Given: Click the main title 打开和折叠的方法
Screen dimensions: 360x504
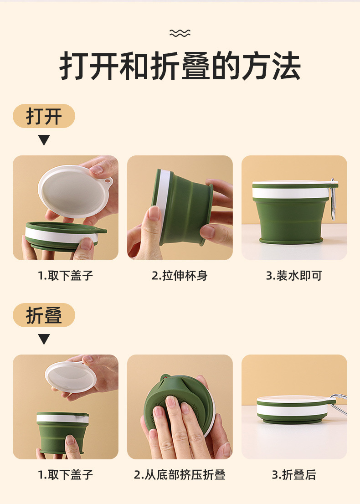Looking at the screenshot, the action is [180, 66].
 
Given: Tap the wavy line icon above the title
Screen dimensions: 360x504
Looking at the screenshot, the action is [180, 33].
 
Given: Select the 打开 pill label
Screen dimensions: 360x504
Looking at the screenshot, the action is [44, 116].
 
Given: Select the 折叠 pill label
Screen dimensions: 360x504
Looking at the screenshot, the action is [44, 315].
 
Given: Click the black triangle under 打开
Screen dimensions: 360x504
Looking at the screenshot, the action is [44, 140].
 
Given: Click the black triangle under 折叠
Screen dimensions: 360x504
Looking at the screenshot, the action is [44, 339].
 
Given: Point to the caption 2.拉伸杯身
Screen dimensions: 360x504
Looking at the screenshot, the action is [180, 275].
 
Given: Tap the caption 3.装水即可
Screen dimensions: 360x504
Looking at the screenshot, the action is [294, 275].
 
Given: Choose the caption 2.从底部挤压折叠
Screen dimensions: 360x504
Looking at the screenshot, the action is [180, 474].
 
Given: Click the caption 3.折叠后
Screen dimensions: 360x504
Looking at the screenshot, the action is [294, 474].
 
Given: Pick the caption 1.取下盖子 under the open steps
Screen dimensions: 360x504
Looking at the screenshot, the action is [66, 275].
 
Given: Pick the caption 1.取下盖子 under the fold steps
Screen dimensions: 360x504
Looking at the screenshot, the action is [66, 474].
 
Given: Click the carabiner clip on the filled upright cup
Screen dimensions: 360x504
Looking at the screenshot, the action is [333, 200].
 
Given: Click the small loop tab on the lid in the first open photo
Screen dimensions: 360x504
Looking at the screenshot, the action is [108, 182].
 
